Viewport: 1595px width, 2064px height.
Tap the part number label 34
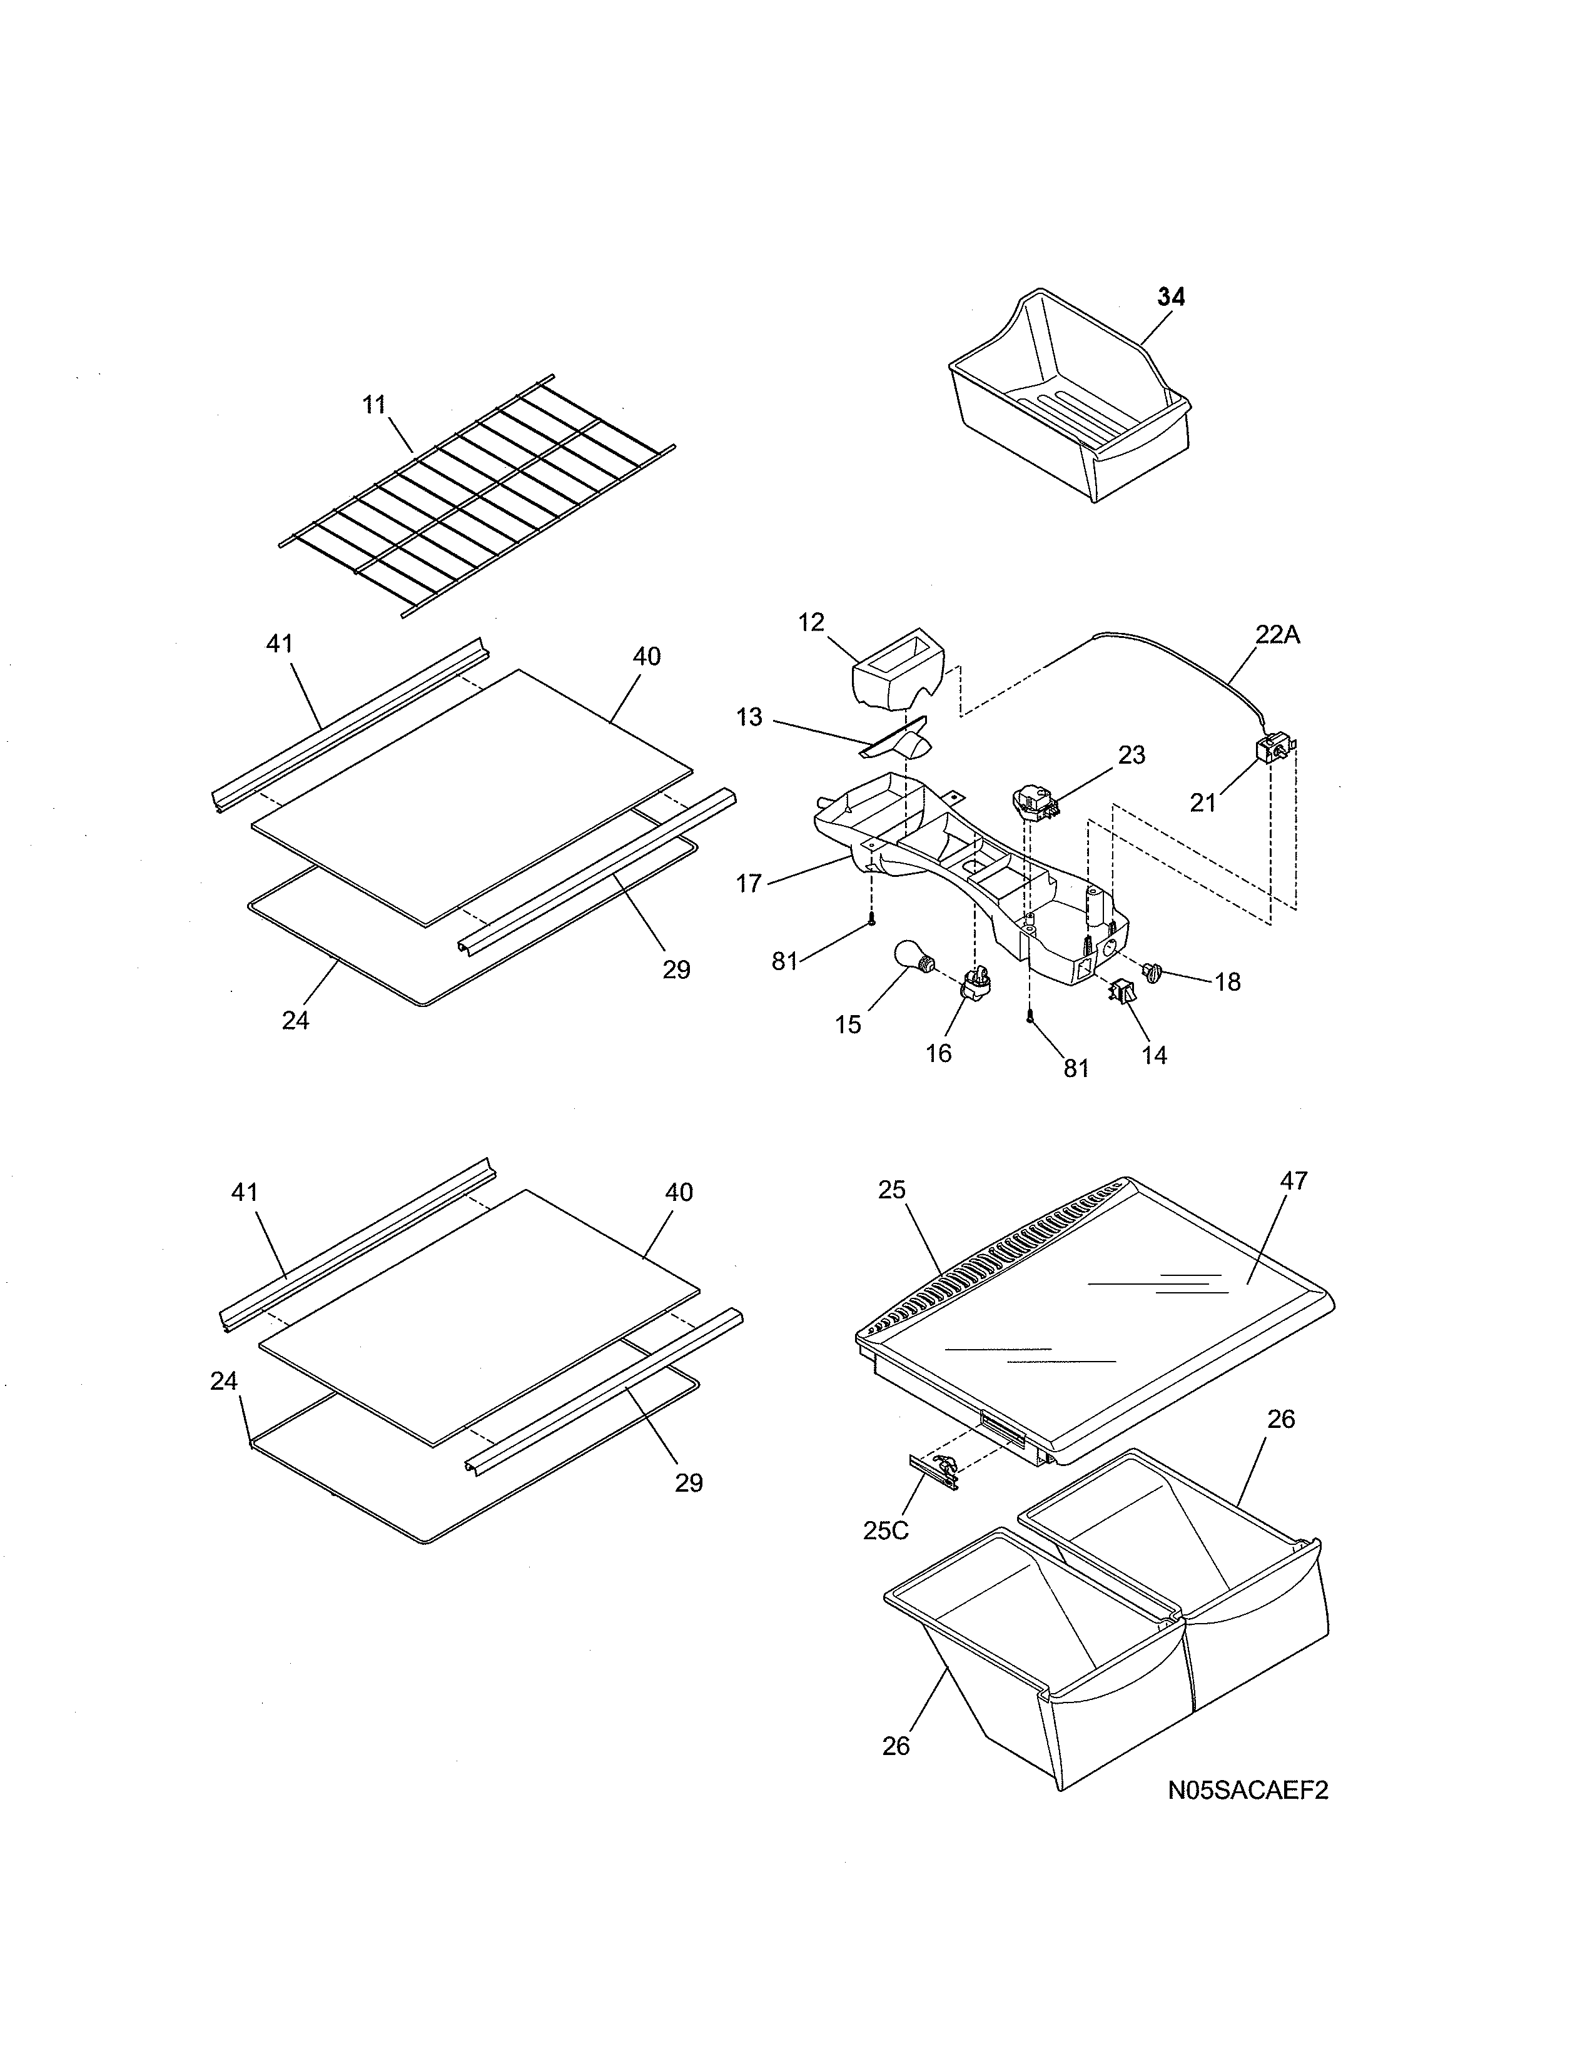[x=1171, y=296]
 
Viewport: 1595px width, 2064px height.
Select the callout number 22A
[x=1277, y=635]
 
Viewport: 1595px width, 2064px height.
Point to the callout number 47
[x=1294, y=1180]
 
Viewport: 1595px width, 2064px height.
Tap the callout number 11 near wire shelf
[x=375, y=405]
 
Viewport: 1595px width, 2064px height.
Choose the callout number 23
[x=1131, y=755]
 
